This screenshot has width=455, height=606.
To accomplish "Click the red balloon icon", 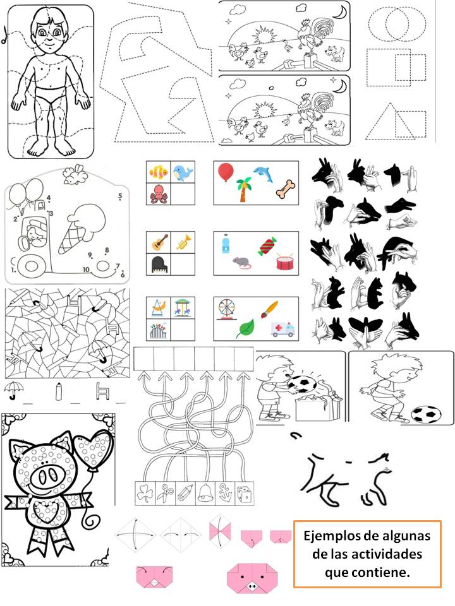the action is click(226, 172).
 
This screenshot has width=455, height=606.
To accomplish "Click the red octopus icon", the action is click(158, 194).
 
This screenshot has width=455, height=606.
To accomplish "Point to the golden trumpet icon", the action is click(183, 242).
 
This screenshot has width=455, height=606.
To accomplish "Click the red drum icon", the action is click(286, 261).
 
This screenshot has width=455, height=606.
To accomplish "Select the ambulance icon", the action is click(283, 329).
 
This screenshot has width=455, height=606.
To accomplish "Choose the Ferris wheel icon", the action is click(226, 309).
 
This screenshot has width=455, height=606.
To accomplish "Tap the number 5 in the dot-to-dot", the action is click(120, 196).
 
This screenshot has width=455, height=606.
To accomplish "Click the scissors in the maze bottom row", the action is click(165, 494).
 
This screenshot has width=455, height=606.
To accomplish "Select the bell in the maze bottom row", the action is click(205, 494).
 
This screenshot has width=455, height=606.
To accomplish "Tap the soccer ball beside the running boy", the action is click(425, 414).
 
